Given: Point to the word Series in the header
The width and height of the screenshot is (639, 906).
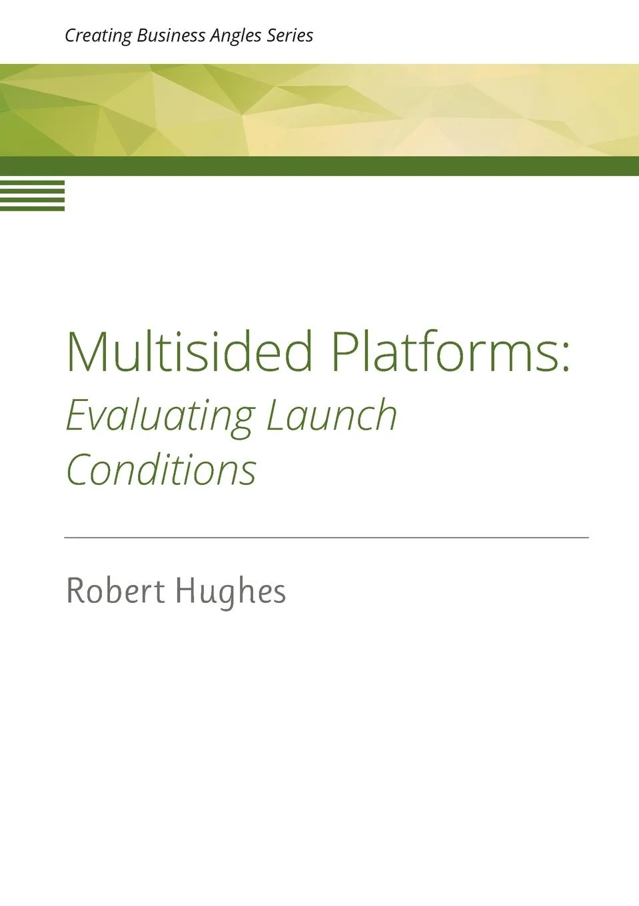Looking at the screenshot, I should coord(290,35).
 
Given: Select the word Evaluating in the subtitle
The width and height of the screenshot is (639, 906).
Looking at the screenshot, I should coord(160,415).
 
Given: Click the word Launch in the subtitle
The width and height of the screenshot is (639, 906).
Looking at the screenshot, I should coord(332,415).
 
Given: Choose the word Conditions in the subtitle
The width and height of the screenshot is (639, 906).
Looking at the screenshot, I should coord(161,470).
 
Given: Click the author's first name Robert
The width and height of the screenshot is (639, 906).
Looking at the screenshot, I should coord(115,590).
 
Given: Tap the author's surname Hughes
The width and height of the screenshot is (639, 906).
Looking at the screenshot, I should coord(231,591).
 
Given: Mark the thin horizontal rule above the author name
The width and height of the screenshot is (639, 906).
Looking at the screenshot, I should coord(326,537).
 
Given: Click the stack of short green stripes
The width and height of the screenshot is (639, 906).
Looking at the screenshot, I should coord(32,195).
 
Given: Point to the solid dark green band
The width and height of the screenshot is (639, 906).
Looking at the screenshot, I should coord(320,166).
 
